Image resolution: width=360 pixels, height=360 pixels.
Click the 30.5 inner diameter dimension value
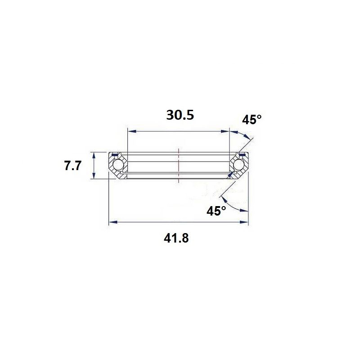pyautogui.click(x=180, y=115)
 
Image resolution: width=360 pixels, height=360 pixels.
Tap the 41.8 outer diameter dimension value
pyautogui.click(x=176, y=238)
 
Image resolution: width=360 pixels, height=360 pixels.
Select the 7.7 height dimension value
pyautogui.click(x=72, y=166)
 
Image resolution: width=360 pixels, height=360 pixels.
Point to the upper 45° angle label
pyautogui.click(x=252, y=120)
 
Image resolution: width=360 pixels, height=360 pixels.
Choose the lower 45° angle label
pyautogui.click(x=216, y=211)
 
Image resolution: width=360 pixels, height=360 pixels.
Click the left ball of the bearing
pyautogui.click(x=118, y=165)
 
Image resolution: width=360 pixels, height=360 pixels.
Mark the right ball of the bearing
pyautogui.click(x=238, y=165)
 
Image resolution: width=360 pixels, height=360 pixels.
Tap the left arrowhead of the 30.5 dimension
pyautogui.click(x=132, y=131)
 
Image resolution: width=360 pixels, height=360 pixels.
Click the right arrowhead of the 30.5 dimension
pyautogui.click(x=225, y=131)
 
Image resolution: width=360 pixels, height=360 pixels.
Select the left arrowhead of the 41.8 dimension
pyautogui.click(x=113, y=222)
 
